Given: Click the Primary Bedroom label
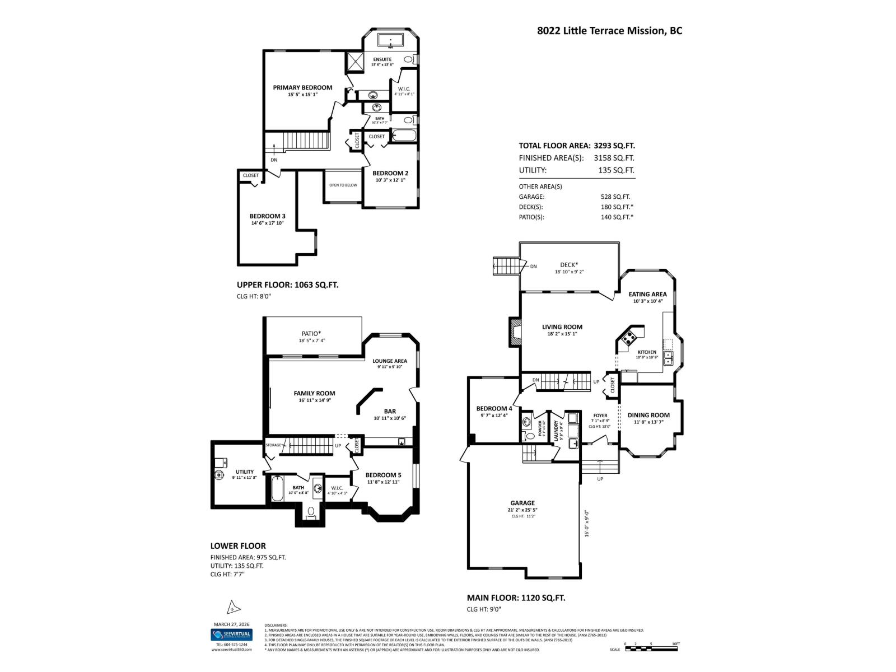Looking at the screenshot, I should coord(302,88).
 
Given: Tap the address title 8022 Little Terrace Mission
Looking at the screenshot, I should coord(609,31).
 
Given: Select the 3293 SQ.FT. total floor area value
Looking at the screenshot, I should coord(614,146).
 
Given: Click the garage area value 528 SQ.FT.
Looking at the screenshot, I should coord(615,197).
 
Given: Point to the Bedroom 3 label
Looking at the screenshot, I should coord(267,216).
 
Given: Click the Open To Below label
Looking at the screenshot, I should coord(343,185).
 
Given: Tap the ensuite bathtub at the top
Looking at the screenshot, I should coord(390,40).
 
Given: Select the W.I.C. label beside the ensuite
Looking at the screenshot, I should coord(404,89).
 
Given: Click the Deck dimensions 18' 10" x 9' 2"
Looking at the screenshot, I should coord(569,272).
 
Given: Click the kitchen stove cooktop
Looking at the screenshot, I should coord(629,338).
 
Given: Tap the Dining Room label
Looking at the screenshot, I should coord(648,416).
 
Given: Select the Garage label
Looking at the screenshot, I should coord(522,503).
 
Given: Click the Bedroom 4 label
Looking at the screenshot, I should coord(494,409).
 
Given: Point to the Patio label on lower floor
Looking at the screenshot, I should coord(311,334).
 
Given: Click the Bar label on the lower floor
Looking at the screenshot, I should coord(390,412).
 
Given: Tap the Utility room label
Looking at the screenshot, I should coord(244,472).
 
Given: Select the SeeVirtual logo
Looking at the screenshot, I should coord(231,635).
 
